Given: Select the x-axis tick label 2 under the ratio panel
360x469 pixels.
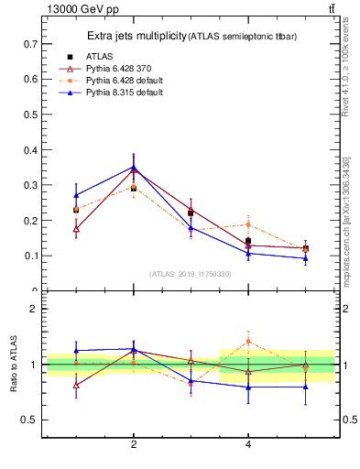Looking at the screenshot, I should pos(134,444).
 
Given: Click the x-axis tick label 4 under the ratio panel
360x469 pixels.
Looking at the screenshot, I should pos(248,444).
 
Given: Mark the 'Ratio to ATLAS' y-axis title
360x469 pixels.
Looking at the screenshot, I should pos(14,365).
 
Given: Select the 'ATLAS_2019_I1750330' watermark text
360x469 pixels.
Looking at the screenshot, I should pos(191,274).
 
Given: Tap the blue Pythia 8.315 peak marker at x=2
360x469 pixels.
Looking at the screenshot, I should pos(134,167).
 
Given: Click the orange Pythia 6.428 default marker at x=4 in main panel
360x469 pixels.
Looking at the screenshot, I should pos(248,224).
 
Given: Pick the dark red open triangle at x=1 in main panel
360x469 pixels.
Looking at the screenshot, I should pos(76,229).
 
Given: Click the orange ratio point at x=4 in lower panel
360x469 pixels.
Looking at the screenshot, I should pos(248,342).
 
